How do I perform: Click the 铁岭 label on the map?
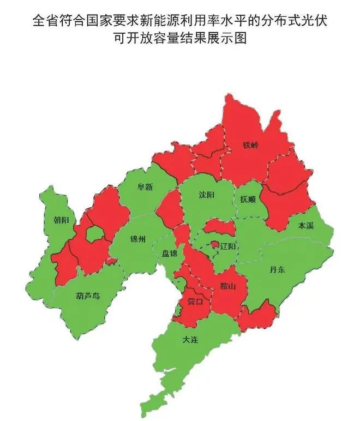tap(251, 146)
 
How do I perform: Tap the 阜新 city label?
tap(145, 187)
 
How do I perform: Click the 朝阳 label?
tap(61, 220)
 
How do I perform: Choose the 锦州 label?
tap(138, 239)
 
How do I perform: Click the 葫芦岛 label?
tap(88, 296)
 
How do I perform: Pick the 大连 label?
tap(190, 340)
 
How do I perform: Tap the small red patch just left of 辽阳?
tap(215, 244)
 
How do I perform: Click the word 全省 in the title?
tap(43, 21)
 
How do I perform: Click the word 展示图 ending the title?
tap(231, 39)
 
